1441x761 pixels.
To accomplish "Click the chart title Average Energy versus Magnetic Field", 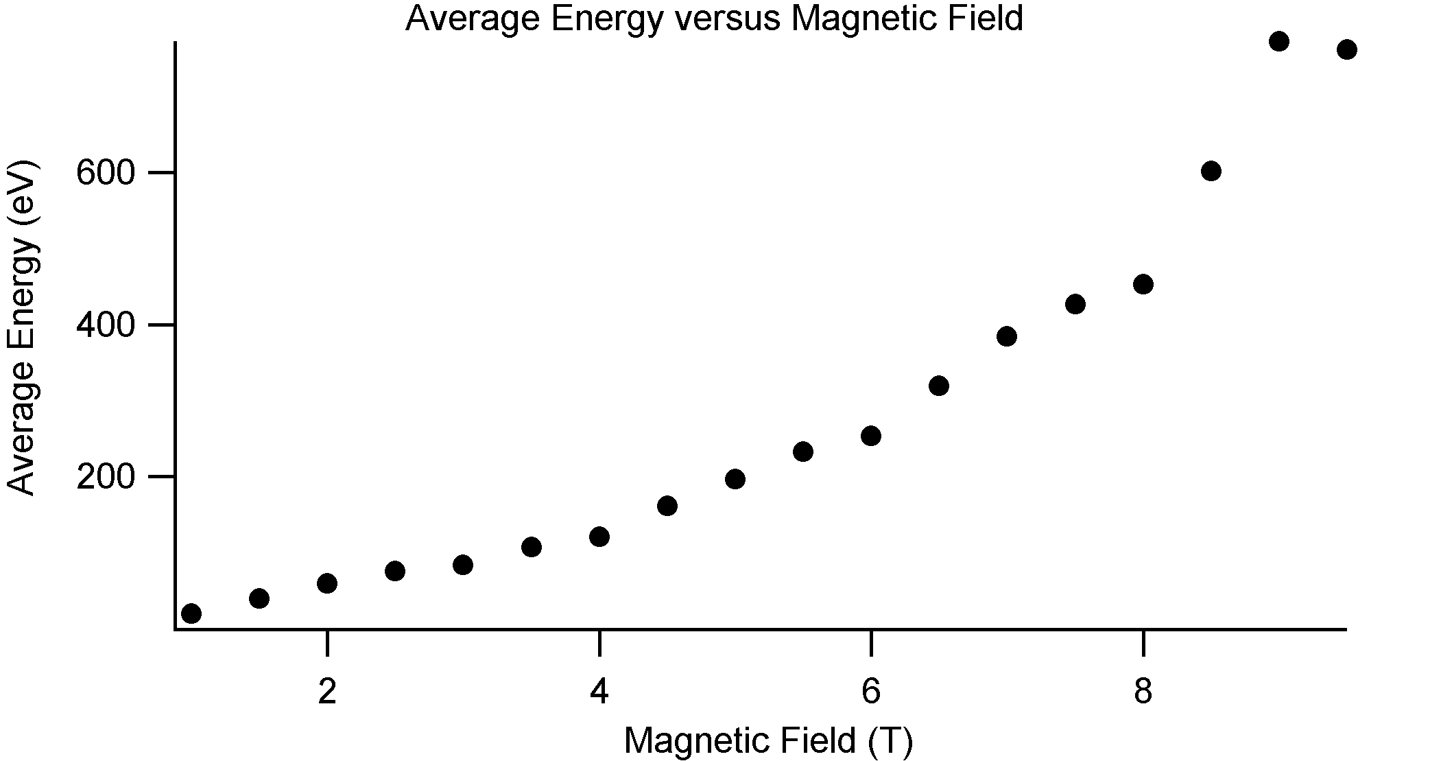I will [713, 18].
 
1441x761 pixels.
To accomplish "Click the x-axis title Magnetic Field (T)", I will [768, 740].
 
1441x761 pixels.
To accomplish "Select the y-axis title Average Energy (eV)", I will [22, 327].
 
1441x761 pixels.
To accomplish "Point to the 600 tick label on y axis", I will [106, 173].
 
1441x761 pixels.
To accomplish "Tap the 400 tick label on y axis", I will [106, 325].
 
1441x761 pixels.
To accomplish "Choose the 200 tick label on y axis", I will [106, 478].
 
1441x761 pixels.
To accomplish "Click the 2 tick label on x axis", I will [327, 692].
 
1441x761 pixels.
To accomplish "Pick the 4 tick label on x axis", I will [599, 692].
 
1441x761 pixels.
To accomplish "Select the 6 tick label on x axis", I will [870, 692].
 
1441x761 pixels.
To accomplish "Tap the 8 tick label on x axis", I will [1143, 692].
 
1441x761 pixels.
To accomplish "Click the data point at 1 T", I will [191, 613].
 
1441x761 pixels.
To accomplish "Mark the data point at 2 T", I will [327, 584].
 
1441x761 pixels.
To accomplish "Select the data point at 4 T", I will [599, 537].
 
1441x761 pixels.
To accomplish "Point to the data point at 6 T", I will [870, 436].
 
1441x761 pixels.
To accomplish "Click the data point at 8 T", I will [1143, 284].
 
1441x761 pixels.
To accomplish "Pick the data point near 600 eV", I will [1211, 171].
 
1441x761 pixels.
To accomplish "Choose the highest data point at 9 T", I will [1278, 42].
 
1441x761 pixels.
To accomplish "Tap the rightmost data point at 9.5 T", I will [1346, 49].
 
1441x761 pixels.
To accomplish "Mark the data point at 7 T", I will [1006, 336].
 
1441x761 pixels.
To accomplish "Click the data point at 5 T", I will [735, 479].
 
